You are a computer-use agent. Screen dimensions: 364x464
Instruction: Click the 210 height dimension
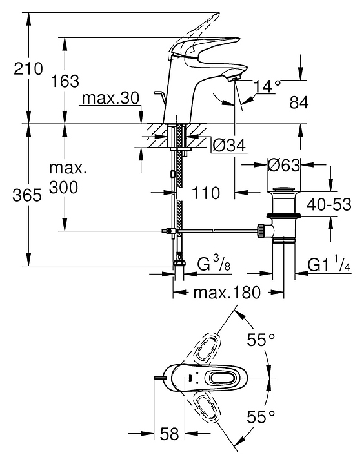pos(28,69)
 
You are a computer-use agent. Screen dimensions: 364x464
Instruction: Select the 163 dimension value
pos(65,81)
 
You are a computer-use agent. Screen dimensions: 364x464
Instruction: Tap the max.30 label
pos(110,98)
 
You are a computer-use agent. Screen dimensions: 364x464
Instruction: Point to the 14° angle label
pos(267,86)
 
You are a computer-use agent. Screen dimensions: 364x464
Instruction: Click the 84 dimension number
pos(299,102)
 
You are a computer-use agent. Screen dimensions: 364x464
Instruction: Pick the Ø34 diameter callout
pos(229,146)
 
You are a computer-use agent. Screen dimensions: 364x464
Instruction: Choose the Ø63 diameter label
pos(284,165)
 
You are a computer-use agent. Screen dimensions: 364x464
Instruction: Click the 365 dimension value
pos(27,195)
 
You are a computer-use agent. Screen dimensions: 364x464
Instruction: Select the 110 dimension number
pos(206,193)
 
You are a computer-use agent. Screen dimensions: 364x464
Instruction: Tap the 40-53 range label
pos(329,204)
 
